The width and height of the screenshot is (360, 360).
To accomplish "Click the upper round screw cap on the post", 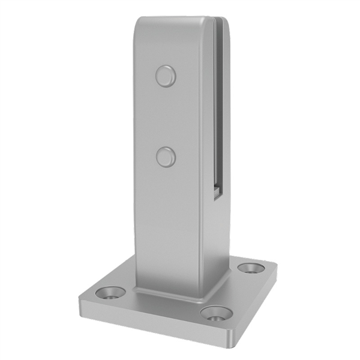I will coord(166,76).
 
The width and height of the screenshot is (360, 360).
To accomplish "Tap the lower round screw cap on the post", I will coord(166,157).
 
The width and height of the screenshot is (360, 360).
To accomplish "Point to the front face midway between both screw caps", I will coord(166,117).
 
